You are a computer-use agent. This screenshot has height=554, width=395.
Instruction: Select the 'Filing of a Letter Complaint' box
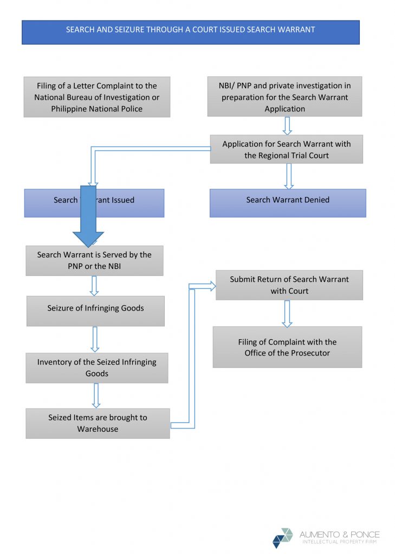point(96,97)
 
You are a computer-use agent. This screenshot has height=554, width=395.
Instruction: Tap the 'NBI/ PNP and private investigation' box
point(284,97)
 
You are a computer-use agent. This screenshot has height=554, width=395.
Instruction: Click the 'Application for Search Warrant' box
point(286,149)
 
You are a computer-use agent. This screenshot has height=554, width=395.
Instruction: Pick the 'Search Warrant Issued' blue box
point(130,203)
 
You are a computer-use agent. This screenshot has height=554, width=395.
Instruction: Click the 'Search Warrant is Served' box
point(94,260)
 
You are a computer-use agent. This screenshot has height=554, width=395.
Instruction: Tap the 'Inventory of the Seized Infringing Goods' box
point(96,368)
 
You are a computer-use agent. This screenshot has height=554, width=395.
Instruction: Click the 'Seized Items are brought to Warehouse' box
point(98,423)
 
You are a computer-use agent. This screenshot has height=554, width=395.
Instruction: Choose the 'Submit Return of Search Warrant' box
point(289,285)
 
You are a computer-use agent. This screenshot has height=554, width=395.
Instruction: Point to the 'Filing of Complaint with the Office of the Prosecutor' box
point(287,347)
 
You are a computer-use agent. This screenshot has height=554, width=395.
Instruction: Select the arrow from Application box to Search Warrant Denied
point(289,176)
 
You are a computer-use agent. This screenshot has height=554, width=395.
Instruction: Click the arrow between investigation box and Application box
point(287,126)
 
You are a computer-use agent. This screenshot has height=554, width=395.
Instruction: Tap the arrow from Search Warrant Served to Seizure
point(94,286)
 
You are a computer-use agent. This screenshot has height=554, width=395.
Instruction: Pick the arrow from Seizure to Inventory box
point(95,339)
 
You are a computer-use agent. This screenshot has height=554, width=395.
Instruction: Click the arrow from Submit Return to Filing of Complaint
point(287,313)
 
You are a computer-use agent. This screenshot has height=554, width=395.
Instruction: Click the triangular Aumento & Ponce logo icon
point(282,538)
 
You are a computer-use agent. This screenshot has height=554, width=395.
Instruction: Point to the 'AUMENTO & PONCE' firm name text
point(340,535)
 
